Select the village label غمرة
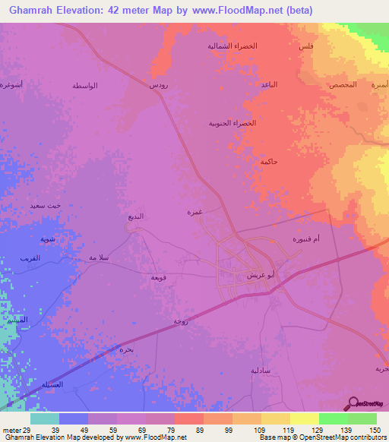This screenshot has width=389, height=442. [x=194, y=213]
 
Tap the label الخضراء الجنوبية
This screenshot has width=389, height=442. [x=232, y=123]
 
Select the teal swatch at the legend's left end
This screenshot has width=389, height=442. [x=45, y=418]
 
